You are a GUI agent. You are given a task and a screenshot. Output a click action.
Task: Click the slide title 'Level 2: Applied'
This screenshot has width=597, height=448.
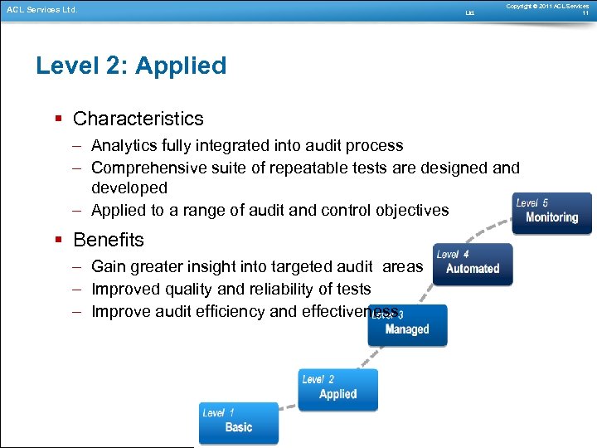point(131,66)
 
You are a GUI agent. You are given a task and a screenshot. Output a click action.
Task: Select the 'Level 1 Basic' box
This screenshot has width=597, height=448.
point(239,423)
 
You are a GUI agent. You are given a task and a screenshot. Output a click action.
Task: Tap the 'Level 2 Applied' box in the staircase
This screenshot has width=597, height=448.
point(337,389)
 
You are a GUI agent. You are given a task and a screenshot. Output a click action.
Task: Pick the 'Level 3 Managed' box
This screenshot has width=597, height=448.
point(407,325)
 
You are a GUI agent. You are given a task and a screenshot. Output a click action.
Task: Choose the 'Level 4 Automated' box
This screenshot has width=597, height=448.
point(473,264)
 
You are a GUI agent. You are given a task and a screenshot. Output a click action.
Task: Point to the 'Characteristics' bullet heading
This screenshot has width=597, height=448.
point(138,119)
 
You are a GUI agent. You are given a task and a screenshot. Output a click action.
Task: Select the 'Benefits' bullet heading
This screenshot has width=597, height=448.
point(109,240)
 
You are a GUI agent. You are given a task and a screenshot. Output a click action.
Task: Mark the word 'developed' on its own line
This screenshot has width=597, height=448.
point(129,188)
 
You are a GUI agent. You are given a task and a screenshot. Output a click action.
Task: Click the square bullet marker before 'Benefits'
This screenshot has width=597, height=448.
point(58,241)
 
